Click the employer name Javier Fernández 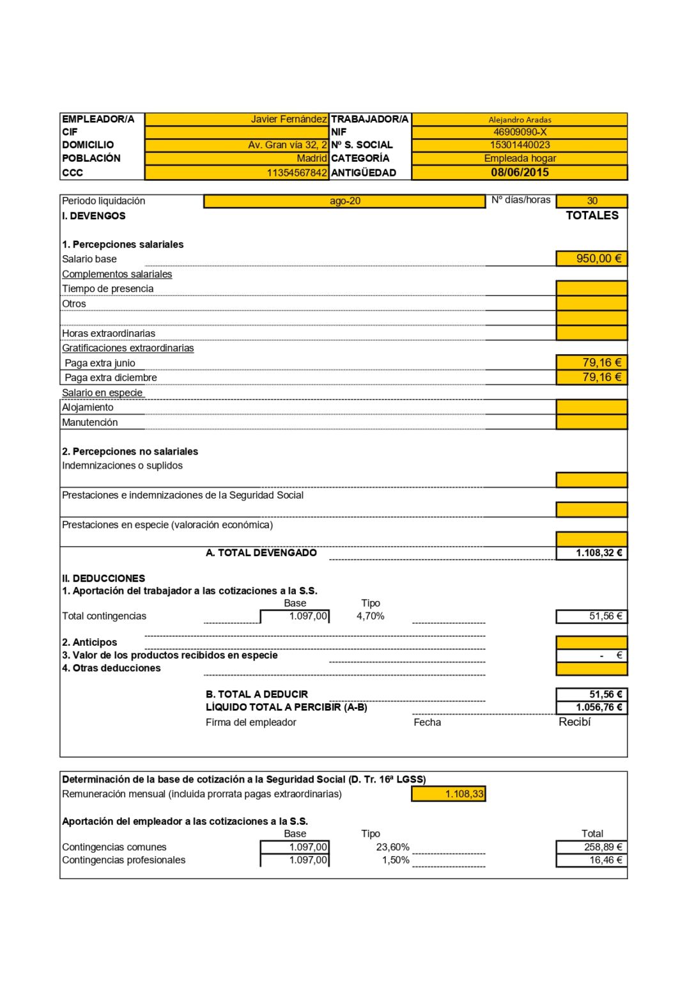click(x=288, y=119)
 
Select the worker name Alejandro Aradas click(x=520, y=120)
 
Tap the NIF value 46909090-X click(x=520, y=132)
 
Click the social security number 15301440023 click(x=520, y=145)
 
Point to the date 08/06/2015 click(x=520, y=173)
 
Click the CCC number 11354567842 click(x=297, y=173)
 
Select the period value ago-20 click(x=345, y=201)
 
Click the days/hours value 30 click(x=592, y=201)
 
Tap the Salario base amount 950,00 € click(x=598, y=258)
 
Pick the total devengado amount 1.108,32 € click(x=599, y=553)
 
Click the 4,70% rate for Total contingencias click(x=370, y=616)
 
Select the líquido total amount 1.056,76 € click(x=599, y=707)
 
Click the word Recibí click(x=574, y=722)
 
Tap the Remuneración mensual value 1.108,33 click(x=465, y=794)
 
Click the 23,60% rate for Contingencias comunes click(x=392, y=847)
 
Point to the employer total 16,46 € click(x=605, y=861)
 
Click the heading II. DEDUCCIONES click(x=104, y=578)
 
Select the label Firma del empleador click(x=251, y=722)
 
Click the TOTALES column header click(x=592, y=215)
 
